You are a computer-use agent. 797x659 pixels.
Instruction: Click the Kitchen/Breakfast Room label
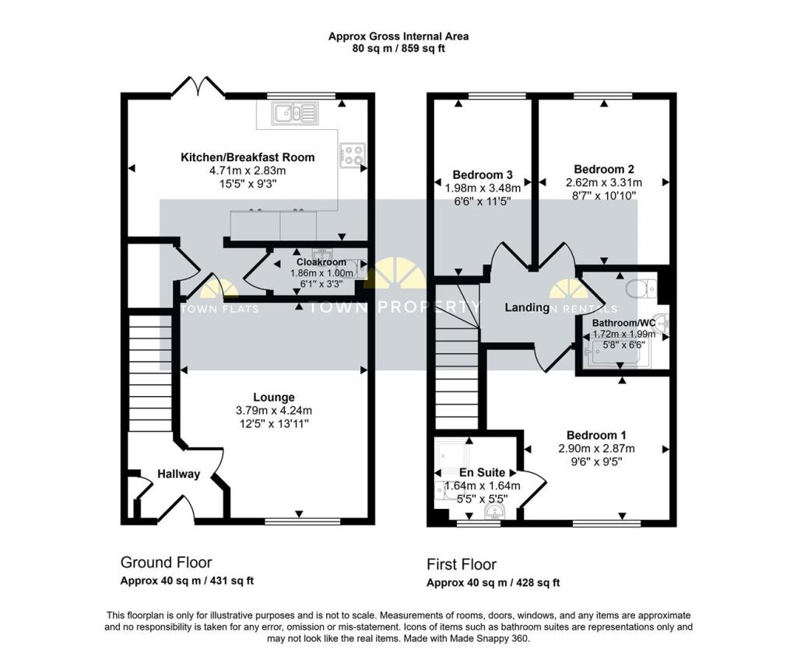248,157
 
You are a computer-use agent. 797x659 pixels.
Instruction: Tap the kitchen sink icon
295,114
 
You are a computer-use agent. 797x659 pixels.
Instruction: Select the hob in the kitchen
352,155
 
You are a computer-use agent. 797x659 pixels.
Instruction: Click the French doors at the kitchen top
198,87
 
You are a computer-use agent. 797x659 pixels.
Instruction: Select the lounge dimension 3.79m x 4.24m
273,410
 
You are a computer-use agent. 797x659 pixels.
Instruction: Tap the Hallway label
179,474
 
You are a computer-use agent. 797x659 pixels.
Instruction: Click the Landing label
527,307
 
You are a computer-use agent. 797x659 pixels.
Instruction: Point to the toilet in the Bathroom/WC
641,289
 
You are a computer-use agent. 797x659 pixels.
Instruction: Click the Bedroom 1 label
596,435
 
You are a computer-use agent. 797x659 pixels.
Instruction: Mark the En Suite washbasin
494,510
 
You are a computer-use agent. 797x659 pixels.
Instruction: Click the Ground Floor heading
166,563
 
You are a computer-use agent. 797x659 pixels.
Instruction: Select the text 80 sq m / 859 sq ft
398,48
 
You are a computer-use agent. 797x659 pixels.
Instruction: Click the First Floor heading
462,564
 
